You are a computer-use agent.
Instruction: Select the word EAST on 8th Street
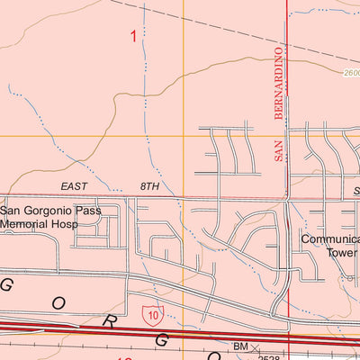click(76, 186)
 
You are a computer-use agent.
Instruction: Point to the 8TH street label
click(148, 186)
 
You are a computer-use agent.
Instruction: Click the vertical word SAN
click(278, 155)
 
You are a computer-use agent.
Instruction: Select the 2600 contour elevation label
click(351, 76)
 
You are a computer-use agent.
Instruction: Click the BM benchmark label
click(240, 346)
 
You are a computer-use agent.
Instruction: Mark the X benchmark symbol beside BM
click(255, 346)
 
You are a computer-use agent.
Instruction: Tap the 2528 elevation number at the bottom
click(266, 356)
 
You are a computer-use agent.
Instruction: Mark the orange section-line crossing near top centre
click(184, 136)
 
